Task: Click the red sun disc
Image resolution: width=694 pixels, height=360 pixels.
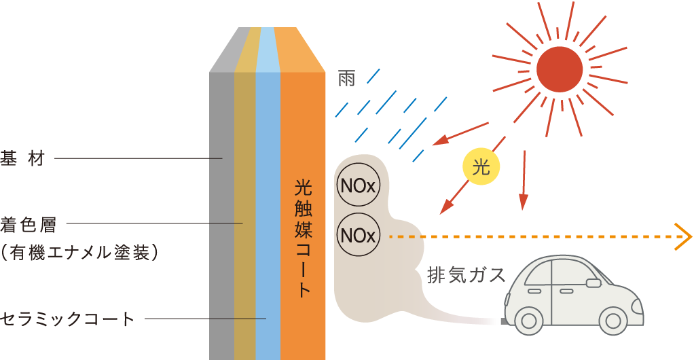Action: (x=560, y=68)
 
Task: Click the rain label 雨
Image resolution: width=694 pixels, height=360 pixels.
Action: (x=346, y=79)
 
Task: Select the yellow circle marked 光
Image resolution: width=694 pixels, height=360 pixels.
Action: (x=481, y=166)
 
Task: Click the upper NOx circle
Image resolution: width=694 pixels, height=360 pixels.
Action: (x=358, y=186)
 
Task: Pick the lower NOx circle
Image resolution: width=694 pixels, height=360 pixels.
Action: (x=358, y=236)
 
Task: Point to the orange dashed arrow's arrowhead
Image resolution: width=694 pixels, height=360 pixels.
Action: (x=684, y=237)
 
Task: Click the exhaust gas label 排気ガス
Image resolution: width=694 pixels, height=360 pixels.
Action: (x=467, y=275)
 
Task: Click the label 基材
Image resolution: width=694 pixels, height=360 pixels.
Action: (x=22, y=159)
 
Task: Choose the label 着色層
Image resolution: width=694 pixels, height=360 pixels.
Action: (x=28, y=223)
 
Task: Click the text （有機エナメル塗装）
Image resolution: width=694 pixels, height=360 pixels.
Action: (x=80, y=253)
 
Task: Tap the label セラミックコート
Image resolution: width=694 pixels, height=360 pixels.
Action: (x=67, y=319)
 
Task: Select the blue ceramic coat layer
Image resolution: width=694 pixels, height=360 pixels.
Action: (x=268, y=204)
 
